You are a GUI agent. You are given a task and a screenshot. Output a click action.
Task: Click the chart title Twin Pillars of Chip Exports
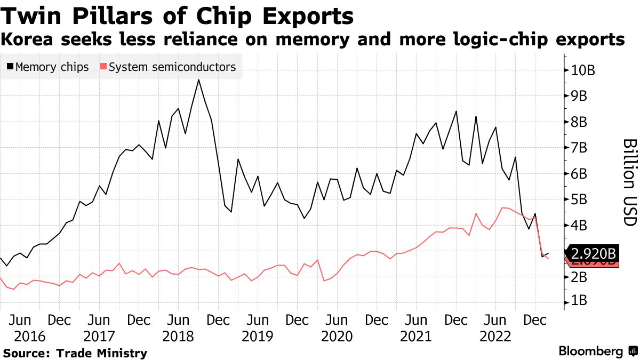tap(177, 16)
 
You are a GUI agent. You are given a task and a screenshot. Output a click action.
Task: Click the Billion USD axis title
tap(629, 182)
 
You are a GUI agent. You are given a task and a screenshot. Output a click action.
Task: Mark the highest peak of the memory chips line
tap(198, 80)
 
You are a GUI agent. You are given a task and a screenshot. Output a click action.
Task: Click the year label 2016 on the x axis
tap(22, 337)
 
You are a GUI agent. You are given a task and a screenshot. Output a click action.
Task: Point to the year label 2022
tap(495, 337)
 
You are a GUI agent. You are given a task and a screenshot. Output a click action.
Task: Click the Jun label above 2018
tap(179, 321)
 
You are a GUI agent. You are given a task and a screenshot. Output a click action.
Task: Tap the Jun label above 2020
tap(337, 321)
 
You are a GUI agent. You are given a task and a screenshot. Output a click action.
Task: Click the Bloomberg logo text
tap(590, 351)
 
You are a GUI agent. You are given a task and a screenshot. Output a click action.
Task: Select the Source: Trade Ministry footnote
tap(75, 353)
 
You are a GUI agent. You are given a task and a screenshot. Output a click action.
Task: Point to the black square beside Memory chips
tap(11, 68)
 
